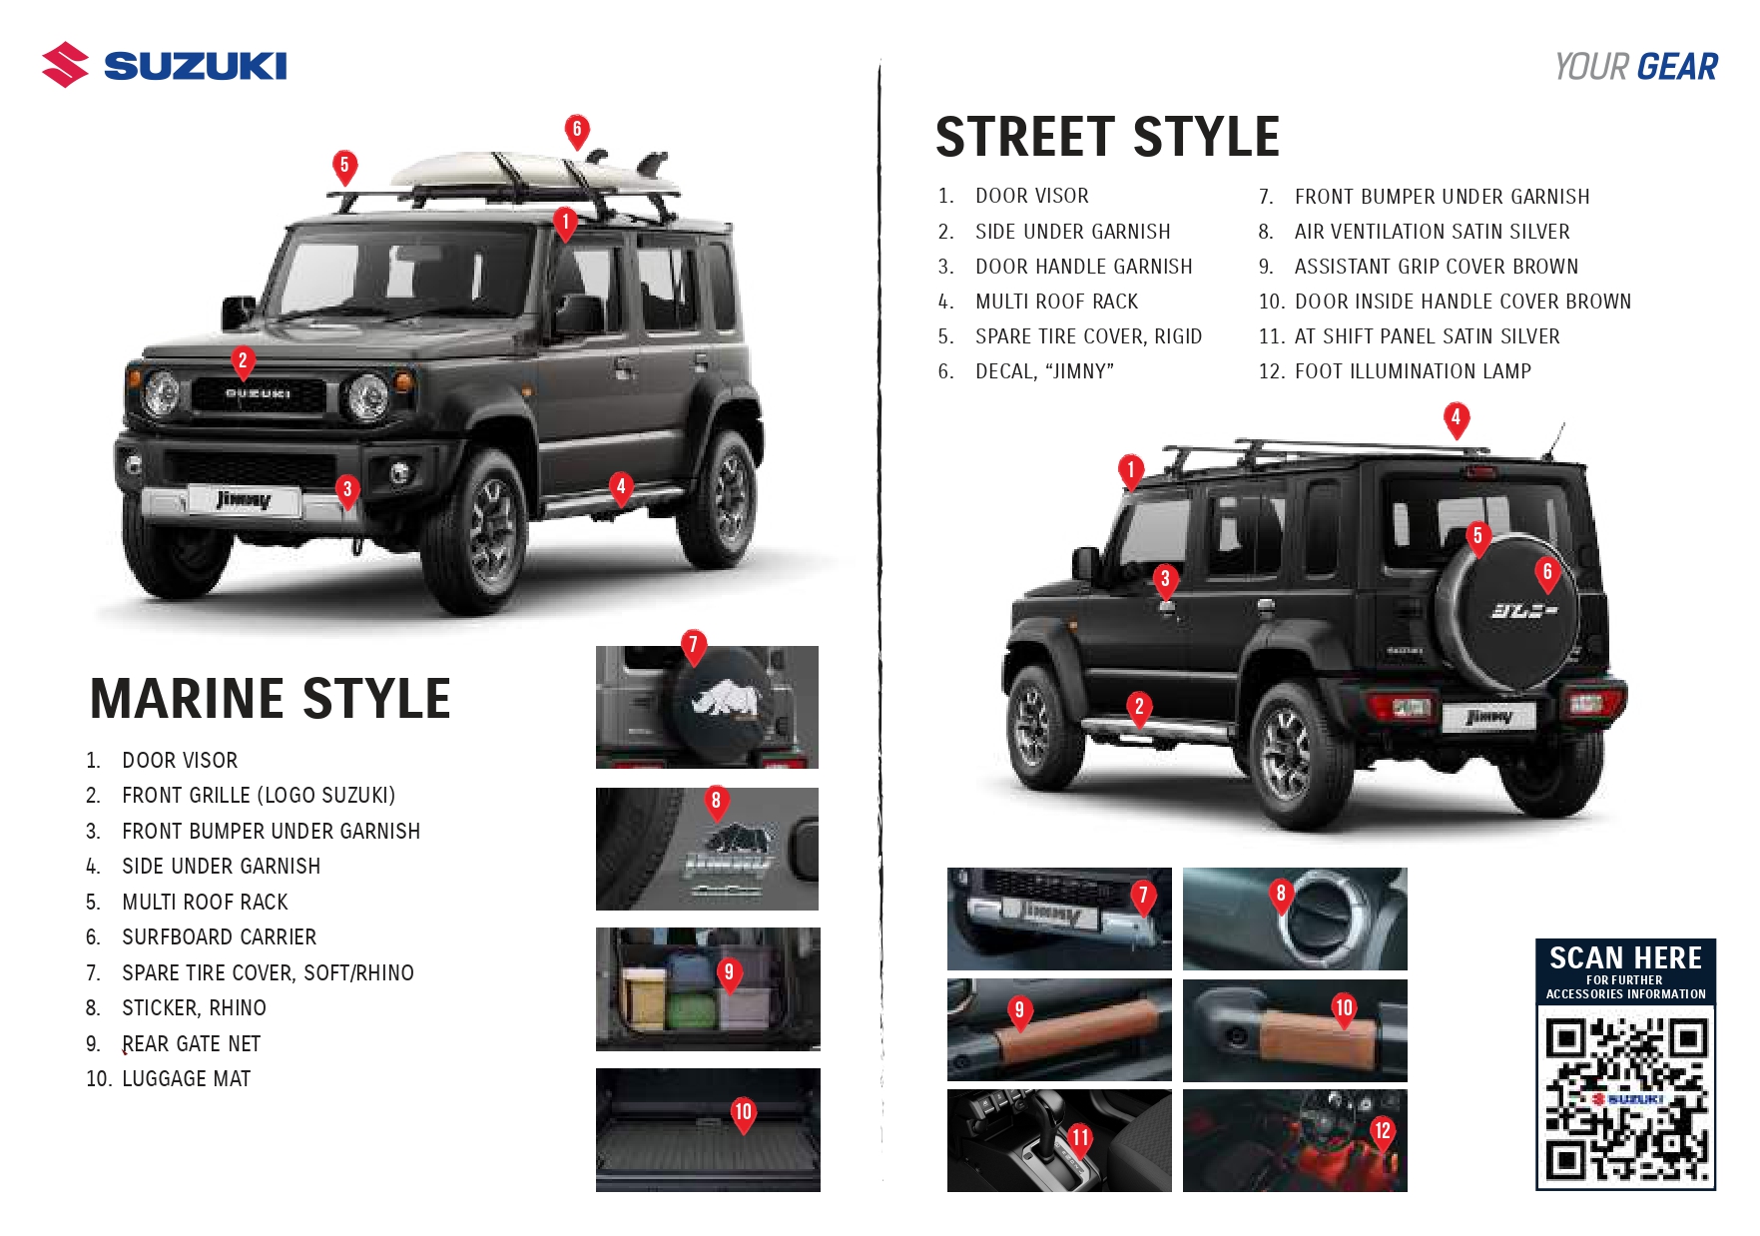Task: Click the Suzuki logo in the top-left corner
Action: pos(165,65)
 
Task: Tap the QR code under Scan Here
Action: pos(1625,1097)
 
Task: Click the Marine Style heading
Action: pos(271,698)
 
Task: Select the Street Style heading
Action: pos(1107,137)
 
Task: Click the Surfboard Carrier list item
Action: pos(219,937)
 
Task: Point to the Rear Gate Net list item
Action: pos(191,1044)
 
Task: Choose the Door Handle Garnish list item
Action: pos(1083,267)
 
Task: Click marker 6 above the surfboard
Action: pos(577,130)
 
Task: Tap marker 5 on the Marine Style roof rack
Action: pos(344,166)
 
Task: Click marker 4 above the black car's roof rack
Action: pos(1456,418)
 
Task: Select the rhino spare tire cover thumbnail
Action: pos(707,707)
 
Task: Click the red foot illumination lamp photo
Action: pos(1295,1140)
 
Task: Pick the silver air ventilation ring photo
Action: pos(1295,919)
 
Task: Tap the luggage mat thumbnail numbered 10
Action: pos(708,1130)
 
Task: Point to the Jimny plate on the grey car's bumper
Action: pos(244,500)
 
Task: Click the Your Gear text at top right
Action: pos(1636,67)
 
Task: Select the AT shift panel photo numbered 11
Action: pos(1059,1140)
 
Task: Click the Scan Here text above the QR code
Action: pos(1625,958)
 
